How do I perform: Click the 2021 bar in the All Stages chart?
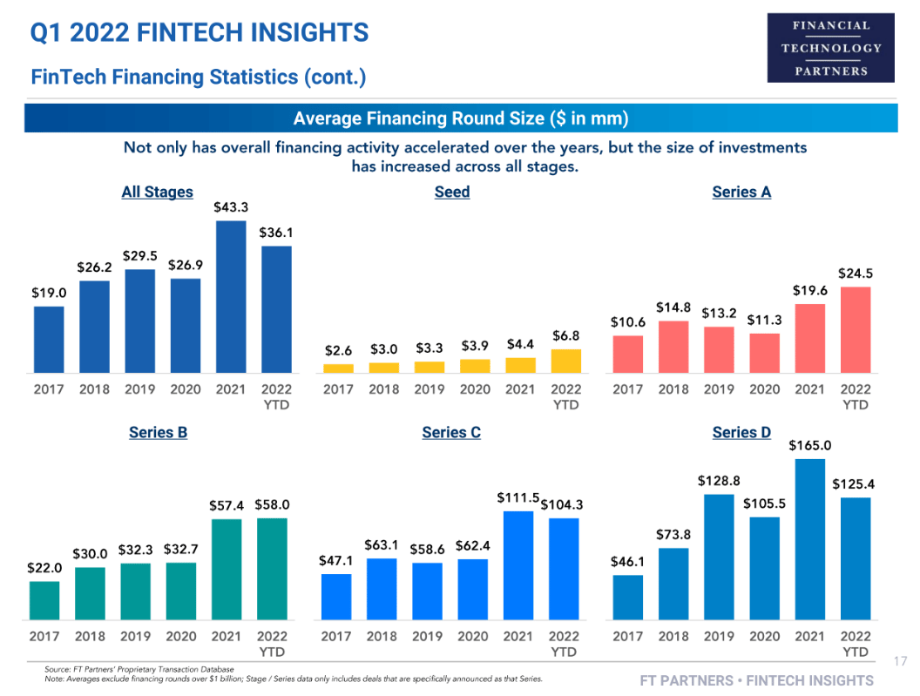click(231, 296)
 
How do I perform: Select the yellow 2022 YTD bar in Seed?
click(565, 361)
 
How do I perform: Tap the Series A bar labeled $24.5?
click(856, 329)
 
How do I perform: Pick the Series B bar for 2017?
click(44, 599)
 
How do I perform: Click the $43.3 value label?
click(231, 207)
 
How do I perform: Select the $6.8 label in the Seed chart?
click(566, 335)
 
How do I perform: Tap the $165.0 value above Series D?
click(810, 445)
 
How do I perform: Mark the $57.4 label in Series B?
click(227, 505)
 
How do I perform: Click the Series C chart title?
click(451, 432)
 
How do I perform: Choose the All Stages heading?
click(157, 192)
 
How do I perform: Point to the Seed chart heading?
click(452, 192)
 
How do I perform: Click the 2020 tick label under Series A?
click(765, 389)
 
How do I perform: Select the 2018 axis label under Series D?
click(673, 637)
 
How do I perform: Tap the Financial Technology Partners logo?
click(830, 48)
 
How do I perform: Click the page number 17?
click(901, 662)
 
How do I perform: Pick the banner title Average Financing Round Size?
click(461, 118)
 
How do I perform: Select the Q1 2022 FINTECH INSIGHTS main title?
click(200, 33)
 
